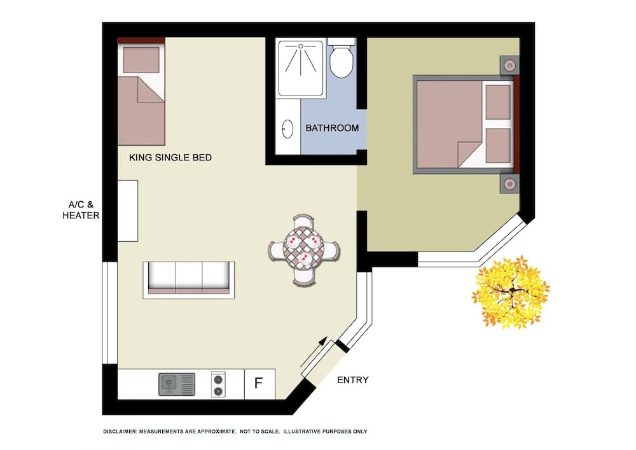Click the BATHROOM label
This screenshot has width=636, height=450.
[332, 128]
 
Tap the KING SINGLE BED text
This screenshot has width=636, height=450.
[170, 157]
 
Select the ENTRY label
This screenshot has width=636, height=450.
[352, 380]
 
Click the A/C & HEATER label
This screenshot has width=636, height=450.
[81, 210]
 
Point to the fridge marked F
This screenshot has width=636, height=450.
[259, 383]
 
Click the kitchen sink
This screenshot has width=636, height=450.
[176, 384]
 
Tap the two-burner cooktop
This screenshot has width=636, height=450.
[218, 384]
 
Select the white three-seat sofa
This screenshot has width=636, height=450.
[189, 279]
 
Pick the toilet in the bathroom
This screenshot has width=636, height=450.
[342, 57]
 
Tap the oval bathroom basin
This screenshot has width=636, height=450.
[287, 129]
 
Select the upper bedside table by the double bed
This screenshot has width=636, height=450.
[509, 66]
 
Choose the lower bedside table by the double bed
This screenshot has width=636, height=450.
[509, 184]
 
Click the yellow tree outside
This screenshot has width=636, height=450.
[510, 291]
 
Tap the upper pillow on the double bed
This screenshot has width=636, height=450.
[497, 102]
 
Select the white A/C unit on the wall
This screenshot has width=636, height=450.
[128, 210]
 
